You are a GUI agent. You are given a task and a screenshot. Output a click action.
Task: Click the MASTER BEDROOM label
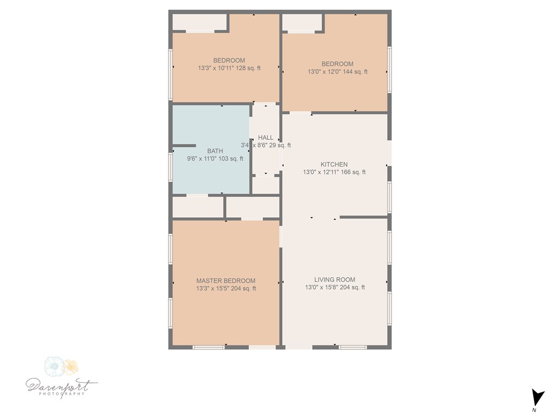point(226,281)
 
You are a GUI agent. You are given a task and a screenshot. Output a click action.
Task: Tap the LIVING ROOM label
point(335,279)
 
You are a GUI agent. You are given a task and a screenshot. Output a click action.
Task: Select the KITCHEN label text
point(334,164)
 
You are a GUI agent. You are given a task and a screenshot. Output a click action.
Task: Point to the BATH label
point(215,151)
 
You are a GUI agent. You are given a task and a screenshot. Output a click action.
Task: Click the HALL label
point(266,137)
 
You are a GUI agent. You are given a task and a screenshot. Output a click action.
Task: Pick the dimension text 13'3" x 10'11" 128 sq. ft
point(229,68)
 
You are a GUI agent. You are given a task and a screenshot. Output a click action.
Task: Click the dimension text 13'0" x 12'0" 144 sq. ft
point(337,72)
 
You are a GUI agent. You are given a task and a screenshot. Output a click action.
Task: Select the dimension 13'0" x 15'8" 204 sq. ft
point(335,287)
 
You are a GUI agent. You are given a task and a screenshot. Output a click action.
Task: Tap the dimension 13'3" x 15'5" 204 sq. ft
point(226,288)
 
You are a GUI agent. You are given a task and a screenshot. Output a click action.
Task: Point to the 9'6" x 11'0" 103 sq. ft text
point(215,159)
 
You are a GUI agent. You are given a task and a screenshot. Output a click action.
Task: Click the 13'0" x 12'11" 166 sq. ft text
point(334,172)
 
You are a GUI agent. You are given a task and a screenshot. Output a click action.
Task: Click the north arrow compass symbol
point(538,398)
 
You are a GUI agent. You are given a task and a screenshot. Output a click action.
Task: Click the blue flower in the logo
point(54,366)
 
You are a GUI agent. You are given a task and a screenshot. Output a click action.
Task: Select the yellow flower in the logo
point(71,367)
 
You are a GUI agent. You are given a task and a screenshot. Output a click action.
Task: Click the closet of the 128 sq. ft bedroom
point(200,22)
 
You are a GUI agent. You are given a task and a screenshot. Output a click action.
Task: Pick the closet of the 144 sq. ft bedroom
point(302,22)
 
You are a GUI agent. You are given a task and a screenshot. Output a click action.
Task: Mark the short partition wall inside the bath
point(184,145)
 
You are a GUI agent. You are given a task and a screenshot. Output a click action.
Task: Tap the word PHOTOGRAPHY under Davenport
point(61,394)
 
